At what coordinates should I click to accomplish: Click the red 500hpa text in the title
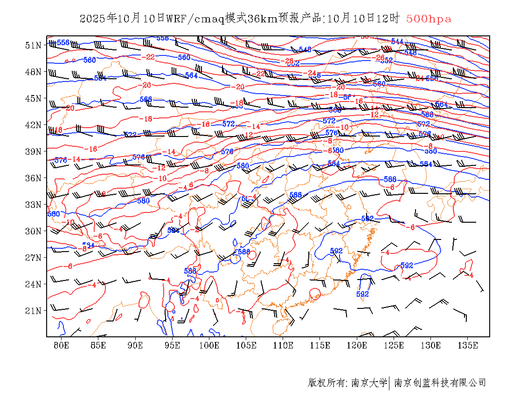(x=429, y=19)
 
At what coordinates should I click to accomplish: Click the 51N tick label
(x=33, y=45)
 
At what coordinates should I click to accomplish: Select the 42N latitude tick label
(x=33, y=125)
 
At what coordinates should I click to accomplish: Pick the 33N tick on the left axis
(x=33, y=205)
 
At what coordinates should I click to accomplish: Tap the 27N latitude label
(x=33, y=258)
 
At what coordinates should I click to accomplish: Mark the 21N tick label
(x=33, y=311)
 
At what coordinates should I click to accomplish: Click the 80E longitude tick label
(x=62, y=345)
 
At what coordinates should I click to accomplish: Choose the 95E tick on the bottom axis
(x=173, y=345)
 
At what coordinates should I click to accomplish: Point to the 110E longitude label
(x=283, y=345)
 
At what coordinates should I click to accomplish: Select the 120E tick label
(x=357, y=345)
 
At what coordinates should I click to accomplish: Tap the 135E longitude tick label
(x=468, y=345)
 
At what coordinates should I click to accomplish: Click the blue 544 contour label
(x=397, y=41)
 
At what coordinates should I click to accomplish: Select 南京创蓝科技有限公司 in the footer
(x=440, y=383)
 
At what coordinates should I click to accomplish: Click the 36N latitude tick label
(x=33, y=178)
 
